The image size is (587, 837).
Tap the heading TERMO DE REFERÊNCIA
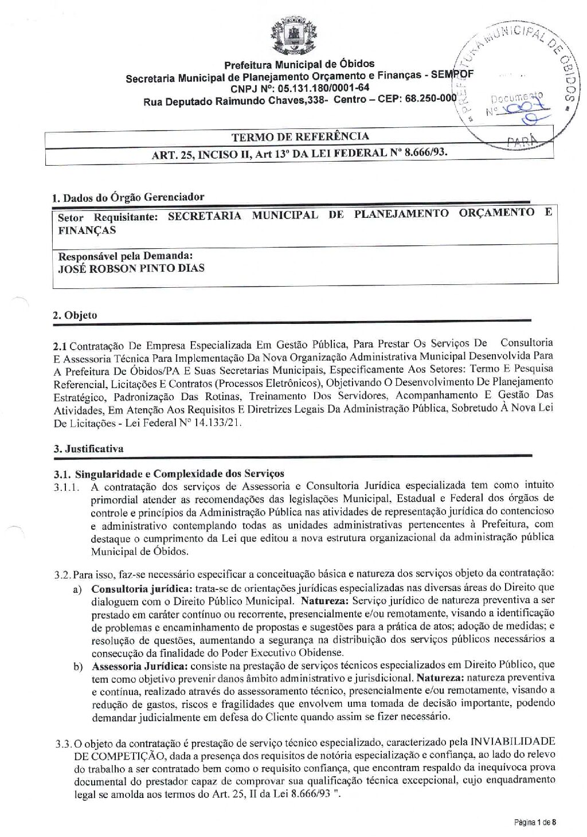point(300,136)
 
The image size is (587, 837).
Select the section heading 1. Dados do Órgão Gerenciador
point(128,197)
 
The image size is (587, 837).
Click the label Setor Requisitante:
point(108,217)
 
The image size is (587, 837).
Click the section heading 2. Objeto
point(75,315)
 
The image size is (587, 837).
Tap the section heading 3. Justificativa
point(88,448)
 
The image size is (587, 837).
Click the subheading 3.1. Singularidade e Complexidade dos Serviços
point(169,474)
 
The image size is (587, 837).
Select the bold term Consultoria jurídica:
point(142,588)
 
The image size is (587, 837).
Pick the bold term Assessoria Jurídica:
point(140,665)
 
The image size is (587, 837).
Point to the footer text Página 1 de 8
point(534,823)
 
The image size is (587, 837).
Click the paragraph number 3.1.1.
point(68,486)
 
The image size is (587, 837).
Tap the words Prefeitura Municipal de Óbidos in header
point(299,64)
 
